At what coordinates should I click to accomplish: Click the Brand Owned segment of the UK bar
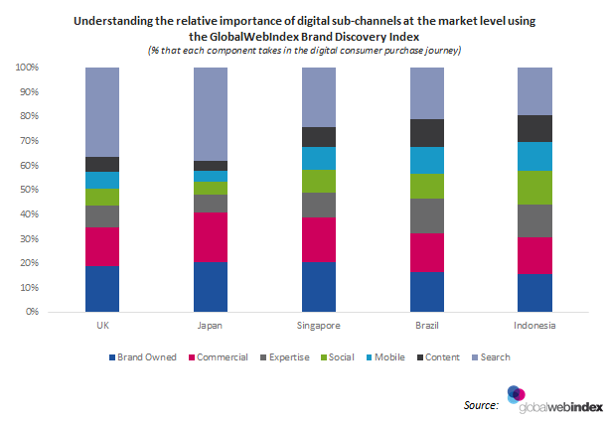(x=102, y=288)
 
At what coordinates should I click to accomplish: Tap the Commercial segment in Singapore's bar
(x=318, y=239)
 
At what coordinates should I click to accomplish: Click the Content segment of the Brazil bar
(x=425, y=133)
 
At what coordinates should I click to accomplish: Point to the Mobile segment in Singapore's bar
(x=318, y=158)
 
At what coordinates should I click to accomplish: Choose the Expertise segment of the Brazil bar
(x=425, y=215)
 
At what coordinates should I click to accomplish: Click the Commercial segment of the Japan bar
(x=210, y=237)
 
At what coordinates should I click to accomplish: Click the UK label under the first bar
(x=102, y=326)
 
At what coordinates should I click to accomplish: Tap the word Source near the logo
(x=482, y=405)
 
